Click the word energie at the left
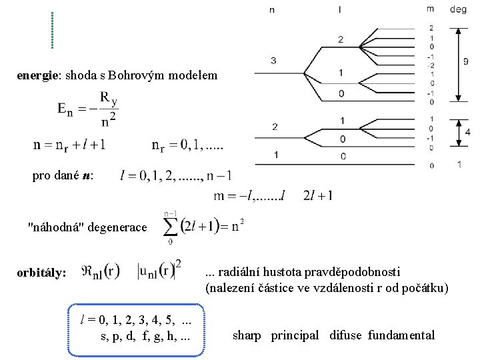37,75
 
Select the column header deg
458,9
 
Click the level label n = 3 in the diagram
274,62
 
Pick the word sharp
247,335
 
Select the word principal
295,335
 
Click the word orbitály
41,273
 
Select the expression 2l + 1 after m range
318,195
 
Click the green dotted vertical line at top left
52,30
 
